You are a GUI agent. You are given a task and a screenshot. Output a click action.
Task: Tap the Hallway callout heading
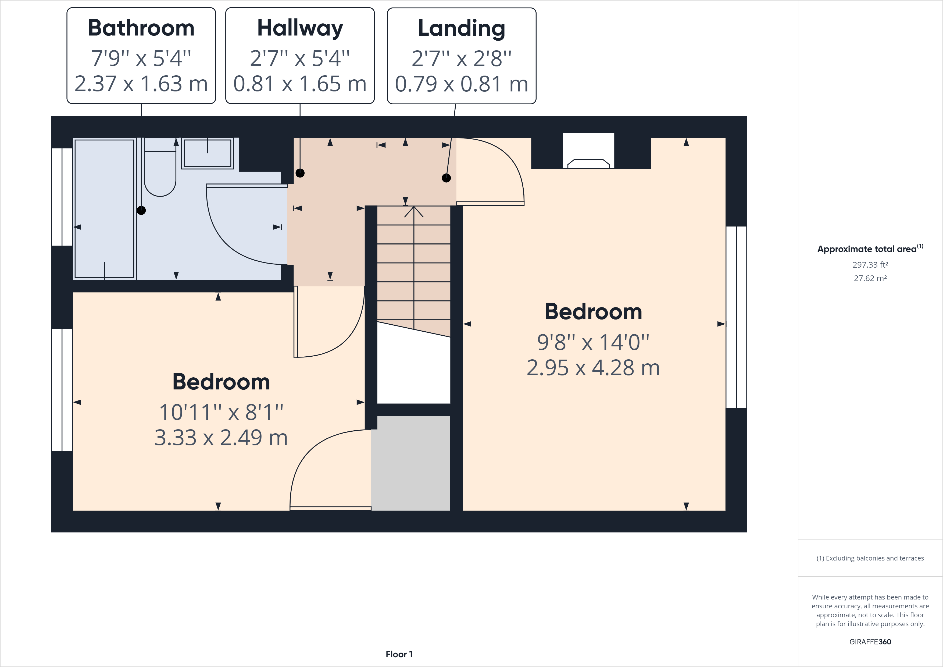point(300,28)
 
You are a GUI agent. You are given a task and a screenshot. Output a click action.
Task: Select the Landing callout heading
point(461,28)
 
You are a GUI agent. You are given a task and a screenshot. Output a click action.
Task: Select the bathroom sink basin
point(208,153)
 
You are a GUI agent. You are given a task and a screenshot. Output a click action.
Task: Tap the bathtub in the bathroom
point(104,208)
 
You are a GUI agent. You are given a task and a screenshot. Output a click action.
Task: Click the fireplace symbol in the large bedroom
point(588,163)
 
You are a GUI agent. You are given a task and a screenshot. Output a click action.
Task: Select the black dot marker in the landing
point(446,178)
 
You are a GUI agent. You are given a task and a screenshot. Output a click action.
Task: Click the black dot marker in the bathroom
point(141,210)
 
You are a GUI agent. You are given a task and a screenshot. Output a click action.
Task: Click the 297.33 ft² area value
point(870,265)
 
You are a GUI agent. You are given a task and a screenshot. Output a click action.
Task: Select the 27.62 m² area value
point(870,278)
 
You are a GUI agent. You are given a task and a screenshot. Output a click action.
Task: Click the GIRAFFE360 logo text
point(870,641)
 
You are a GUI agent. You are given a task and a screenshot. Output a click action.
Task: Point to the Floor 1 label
point(399,654)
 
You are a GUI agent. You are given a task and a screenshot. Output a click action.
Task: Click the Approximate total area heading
point(867,249)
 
